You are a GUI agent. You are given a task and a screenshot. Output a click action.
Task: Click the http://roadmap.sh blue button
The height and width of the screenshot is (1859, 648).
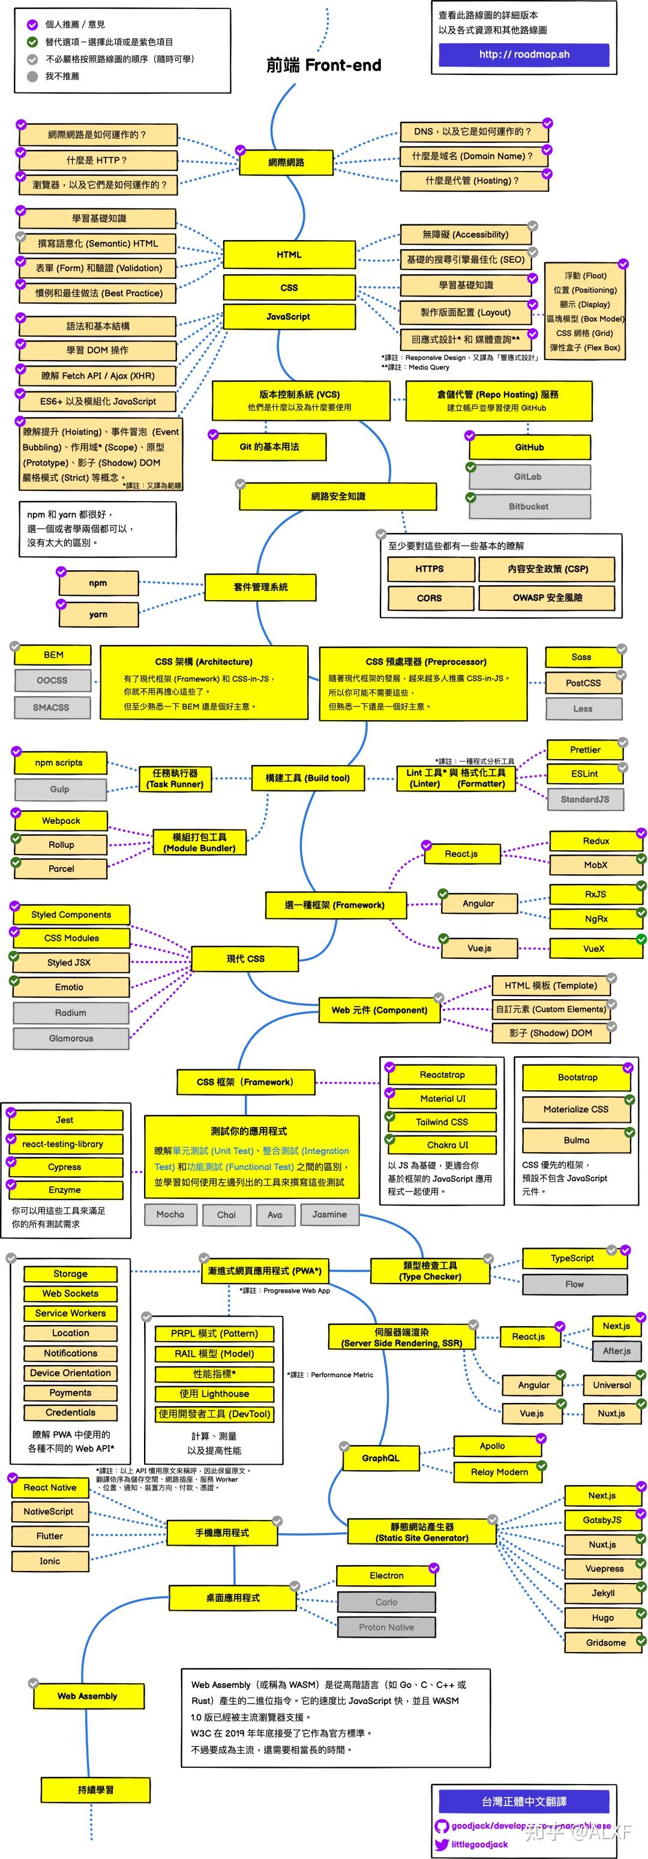(524, 54)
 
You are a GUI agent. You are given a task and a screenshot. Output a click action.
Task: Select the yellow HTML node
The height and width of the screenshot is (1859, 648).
(289, 255)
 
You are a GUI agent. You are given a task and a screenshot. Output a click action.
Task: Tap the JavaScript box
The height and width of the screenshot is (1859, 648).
(289, 317)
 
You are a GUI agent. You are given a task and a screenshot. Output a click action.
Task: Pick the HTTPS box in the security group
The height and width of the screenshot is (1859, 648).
(430, 569)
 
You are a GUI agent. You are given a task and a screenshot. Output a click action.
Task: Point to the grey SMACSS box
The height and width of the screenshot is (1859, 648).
(52, 707)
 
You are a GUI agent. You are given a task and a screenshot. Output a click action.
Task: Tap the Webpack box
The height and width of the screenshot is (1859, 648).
(61, 820)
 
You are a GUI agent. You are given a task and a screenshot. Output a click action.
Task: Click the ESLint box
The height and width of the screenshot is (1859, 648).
(584, 773)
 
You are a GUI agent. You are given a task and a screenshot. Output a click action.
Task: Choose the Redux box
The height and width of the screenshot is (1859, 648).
(596, 841)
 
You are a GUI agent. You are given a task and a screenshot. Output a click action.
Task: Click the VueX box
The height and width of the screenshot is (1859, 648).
(594, 948)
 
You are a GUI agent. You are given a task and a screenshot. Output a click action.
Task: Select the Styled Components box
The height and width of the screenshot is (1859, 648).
(71, 914)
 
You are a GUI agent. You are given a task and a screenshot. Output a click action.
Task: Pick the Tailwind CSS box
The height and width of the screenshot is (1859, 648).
(442, 1122)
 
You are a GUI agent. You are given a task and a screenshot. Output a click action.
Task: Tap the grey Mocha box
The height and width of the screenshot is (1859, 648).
(170, 1215)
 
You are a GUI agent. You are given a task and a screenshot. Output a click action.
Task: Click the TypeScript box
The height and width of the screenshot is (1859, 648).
(573, 1258)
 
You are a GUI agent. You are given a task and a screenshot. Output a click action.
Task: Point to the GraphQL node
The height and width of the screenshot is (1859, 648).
(381, 1458)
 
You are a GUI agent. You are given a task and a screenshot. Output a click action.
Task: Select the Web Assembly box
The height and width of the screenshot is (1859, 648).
(88, 1696)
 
